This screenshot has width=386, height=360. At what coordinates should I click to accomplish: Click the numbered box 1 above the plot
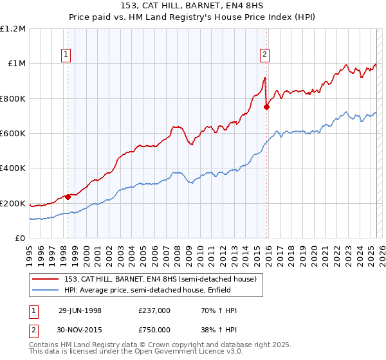pyautogui.click(x=67, y=55)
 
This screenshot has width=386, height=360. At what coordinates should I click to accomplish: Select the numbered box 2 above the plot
pyautogui.click(x=264, y=55)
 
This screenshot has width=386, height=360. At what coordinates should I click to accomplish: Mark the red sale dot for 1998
pyautogui.click(x=68, y=197)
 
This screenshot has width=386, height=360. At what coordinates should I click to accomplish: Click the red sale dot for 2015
pyautogui.click(x=267, y=107)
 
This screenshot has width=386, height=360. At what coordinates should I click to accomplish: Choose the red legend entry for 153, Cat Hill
pyautogui.click(x=160, y=279)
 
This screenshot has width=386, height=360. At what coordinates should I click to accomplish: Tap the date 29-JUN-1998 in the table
pyautogui.click(x=80, y=310)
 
